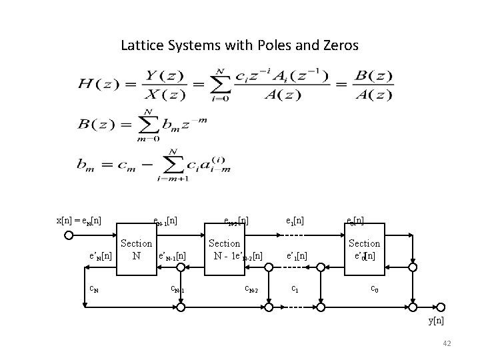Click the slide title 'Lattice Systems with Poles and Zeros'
pos(240,46)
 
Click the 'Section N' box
pos(136,249)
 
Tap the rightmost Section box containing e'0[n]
pos(364,249)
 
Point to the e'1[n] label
pos(297,255)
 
